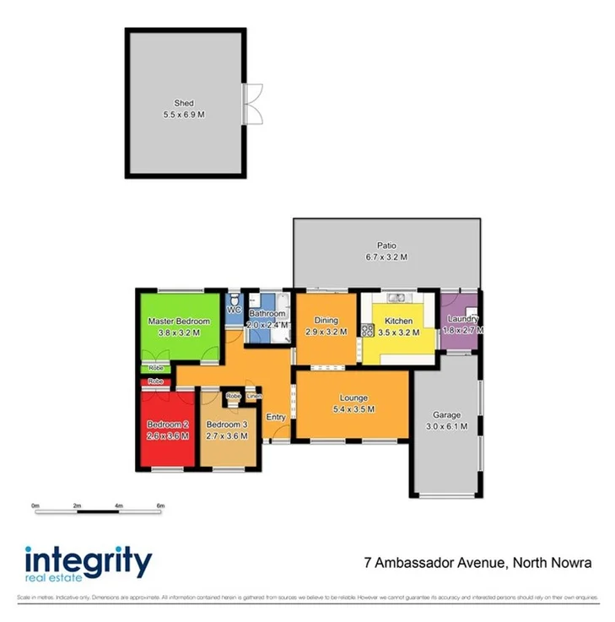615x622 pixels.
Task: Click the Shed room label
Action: coord(184,104)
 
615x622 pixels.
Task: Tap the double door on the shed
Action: coord(246,103)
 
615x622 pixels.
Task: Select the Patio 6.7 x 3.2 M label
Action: coord(386,252)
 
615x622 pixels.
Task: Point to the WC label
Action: coord(234,310)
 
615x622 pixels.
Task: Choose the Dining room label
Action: coord(326,321)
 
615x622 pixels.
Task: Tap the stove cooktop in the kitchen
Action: coord(367,331)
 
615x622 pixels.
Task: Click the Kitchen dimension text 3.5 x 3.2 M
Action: coord(398,333)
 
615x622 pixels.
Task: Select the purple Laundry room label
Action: coord(462,319)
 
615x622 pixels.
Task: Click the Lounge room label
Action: coord(353,398)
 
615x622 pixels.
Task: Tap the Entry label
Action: coord(276,417)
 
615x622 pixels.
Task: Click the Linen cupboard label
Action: coord(254,396)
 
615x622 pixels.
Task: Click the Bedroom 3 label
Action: coord(226,425)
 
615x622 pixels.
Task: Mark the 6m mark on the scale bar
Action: coord(159,505)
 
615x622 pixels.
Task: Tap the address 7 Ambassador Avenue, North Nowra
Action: coord(477,562)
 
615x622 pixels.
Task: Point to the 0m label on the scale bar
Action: coord(35,505)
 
